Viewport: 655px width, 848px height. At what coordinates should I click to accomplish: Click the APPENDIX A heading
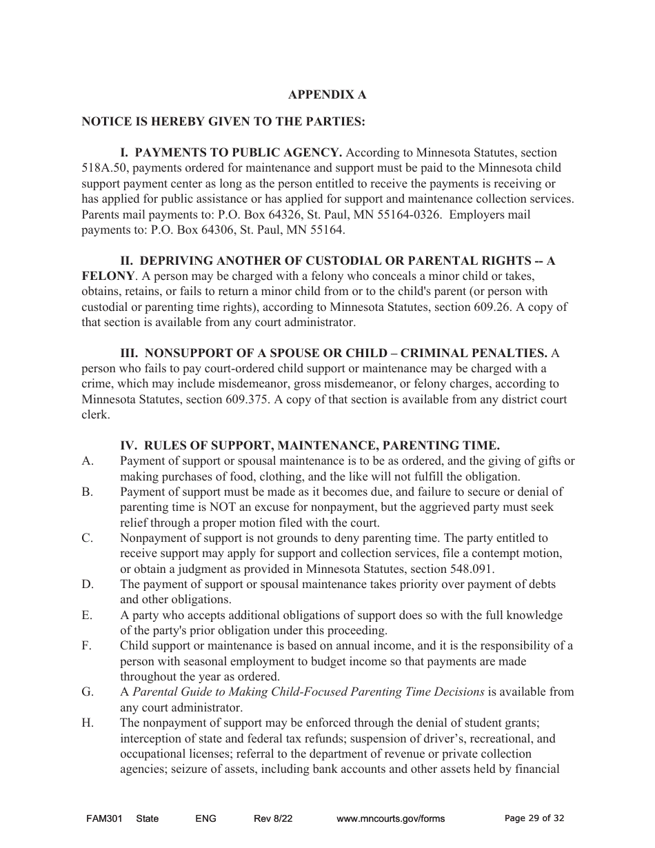327,94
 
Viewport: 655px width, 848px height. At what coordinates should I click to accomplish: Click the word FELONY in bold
106,276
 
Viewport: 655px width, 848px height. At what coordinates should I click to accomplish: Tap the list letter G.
88,691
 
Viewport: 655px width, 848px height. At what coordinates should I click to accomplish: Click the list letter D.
88,584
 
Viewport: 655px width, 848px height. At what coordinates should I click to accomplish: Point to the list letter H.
88,723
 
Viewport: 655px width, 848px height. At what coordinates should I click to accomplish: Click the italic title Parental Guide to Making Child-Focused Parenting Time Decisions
308,691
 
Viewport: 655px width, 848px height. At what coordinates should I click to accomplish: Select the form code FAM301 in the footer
104,818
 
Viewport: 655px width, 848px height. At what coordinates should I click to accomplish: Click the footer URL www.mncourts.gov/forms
390,818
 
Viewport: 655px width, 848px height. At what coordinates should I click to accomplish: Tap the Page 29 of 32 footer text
534,818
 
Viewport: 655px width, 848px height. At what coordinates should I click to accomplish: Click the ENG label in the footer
205,818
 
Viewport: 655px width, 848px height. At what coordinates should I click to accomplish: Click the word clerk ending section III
95,415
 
